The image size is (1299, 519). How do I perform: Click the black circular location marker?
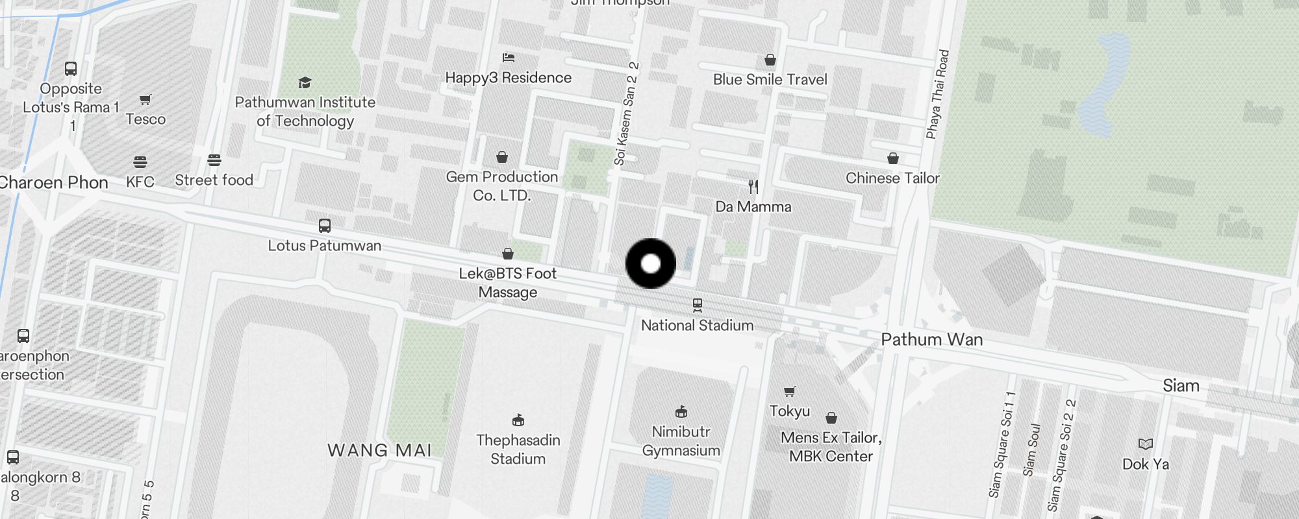click(x=650, y=263)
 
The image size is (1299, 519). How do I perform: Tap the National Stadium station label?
click(x=697, y=325)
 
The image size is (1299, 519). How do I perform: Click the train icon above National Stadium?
click(x=698, y=304)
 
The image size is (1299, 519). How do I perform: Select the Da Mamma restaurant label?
click(x=753, y=206)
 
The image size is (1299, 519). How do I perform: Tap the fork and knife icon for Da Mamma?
click(x=753, y=187)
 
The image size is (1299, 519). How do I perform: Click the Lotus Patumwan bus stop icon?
click(x=325, y=226)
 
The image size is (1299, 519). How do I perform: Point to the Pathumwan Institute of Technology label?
click(x=305, y=111)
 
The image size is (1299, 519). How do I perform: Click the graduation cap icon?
click(x=305, y=82)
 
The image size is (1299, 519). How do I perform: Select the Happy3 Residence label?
click(x=508, y=77)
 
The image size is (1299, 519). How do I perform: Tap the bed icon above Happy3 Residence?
click(x=509, y=58)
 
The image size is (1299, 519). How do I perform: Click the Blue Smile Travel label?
click(x=770, y=79)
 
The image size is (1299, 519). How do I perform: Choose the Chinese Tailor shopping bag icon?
click(x=893, y=158)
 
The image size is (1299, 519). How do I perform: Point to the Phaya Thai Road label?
click(x=937, y=94)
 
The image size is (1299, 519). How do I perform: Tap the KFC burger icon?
click(x=140, y=162)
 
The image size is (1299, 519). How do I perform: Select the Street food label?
click(x=214, y=180)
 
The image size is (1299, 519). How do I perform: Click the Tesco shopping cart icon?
click(x=145, y=100)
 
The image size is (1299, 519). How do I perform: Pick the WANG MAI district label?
click(x=379, y=450)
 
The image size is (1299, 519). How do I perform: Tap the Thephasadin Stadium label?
click(x=518, y=449)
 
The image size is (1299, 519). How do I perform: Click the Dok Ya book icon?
click(x=1146, y=444)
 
